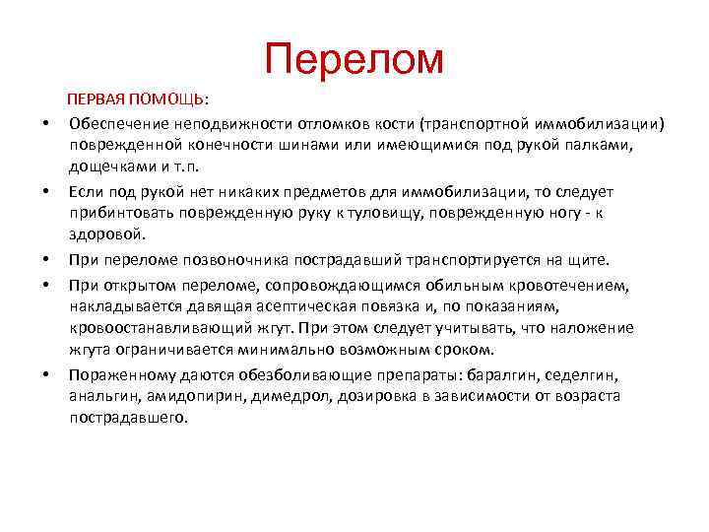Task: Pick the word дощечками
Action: (x=106, y=165)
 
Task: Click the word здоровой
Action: (x=105, y=234)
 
